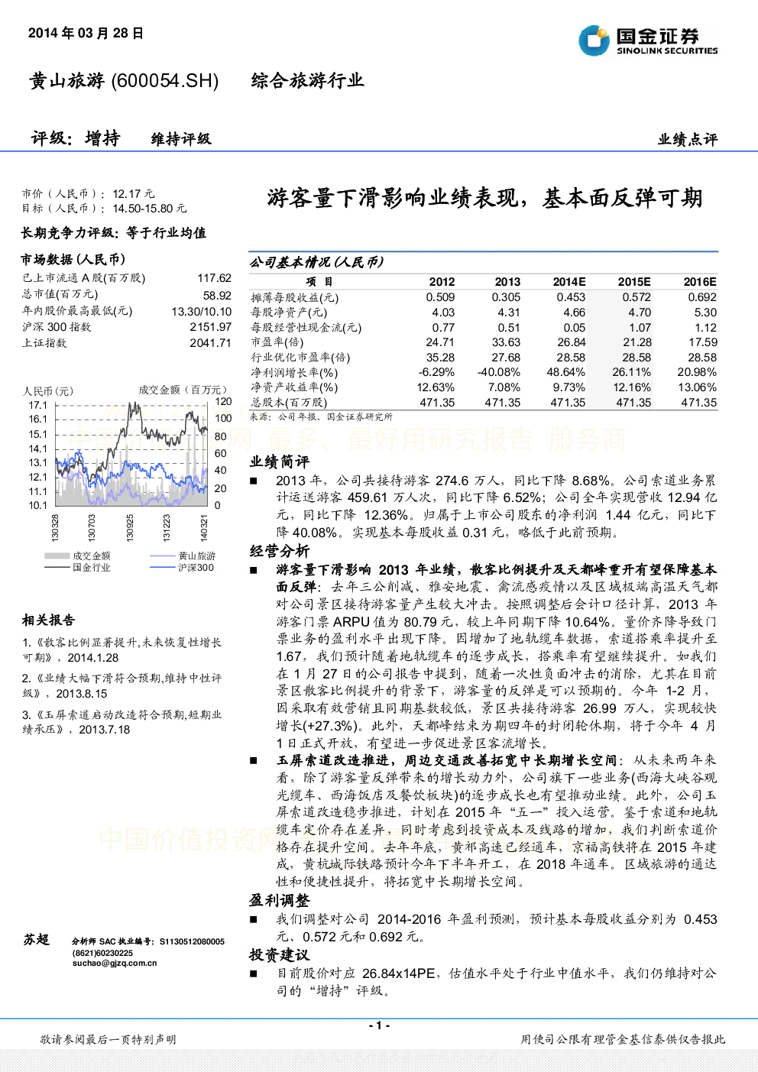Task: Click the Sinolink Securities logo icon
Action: click(x=594, y=40)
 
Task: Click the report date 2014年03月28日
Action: click(x=86, y=33)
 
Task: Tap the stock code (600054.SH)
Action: click(x=165, y=81)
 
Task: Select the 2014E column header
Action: click(x=569, y=282)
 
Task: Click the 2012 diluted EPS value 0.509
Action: click(x=440, y=297)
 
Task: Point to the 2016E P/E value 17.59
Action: click(x=702, y=342)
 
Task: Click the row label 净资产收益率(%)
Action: click(x=294, y=387)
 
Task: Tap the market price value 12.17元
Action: click(x=134, y=194)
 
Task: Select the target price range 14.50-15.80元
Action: click(x=149, y=209)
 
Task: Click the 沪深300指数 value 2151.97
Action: click(x=211, y=327)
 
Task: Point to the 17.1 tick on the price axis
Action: click(x=37, y=406)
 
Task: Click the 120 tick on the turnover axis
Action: click(x=223, y=401)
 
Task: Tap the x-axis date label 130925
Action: click(x=130, y=528)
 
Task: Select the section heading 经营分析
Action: click(x=280, y=551)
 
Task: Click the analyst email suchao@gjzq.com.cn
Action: click(x=115, y=963)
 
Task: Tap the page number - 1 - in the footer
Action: click(x=380, y=1025)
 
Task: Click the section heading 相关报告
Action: click(x=48, y=620)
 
